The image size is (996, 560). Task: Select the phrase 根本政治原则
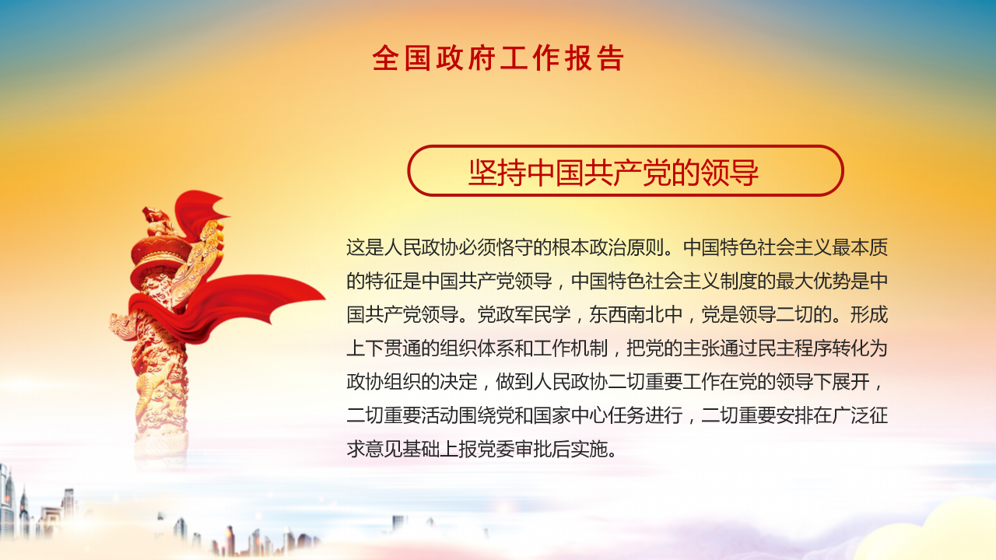click(609, 248)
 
